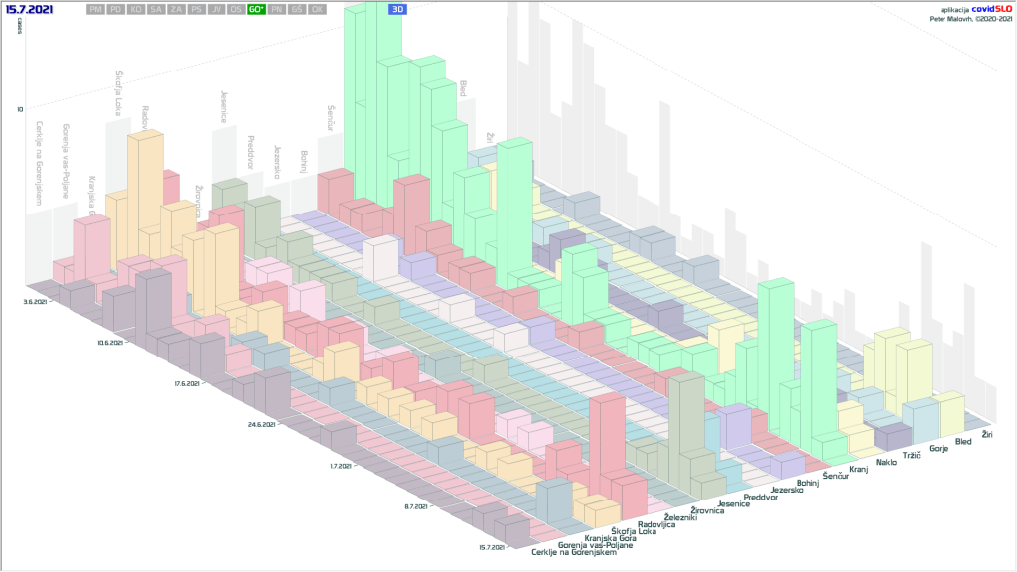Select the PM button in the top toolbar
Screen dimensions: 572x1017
click(x=95, y=9)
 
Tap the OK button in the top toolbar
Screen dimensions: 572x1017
click(x=317, y=9)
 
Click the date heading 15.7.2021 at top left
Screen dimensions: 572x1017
click(x=30, y=9)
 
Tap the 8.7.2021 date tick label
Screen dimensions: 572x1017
click(x=415, y=506)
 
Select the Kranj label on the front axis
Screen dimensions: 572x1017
click(x=858, y=467)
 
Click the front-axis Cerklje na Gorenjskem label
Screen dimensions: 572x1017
click(x=573, y=552)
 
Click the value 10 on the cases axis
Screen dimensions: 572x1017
click(x=20, y=109)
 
